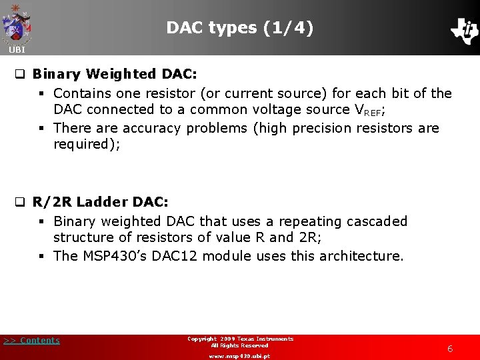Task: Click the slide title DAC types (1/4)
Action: [x=239, y=28]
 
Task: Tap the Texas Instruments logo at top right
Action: [x=464, y=30]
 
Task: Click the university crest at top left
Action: [x=17, y=23]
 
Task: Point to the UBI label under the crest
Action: [x=17, y=50]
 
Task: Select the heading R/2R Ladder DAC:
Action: [x=101, y=201]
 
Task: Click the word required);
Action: [x=87, y=145]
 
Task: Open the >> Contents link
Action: [x=31, y=341]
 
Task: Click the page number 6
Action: [x=450, y=349]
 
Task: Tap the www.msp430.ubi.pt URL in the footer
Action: [x=239, y=356]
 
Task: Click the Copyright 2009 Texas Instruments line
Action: [x=240, y=339]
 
